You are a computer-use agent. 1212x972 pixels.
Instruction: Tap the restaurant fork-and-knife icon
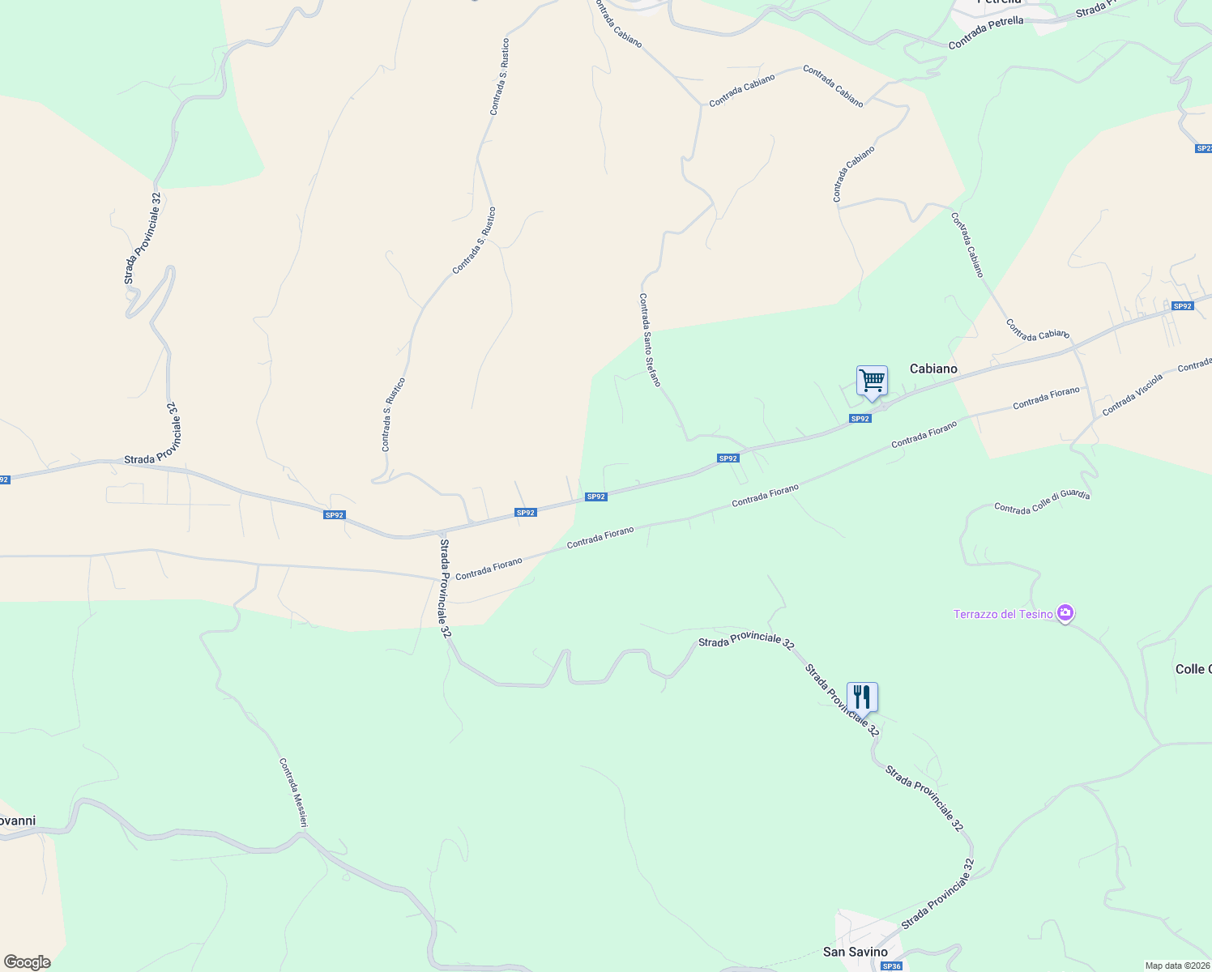click(x=862, y=697)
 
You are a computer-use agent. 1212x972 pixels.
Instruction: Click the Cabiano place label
click(x=933, y=369)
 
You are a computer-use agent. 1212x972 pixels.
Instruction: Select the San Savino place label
click(x=855, y=952)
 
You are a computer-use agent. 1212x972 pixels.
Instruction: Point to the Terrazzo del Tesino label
click(x=1003, y=614)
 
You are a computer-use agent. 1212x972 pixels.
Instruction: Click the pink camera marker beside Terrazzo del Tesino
click(x=1066, y=613)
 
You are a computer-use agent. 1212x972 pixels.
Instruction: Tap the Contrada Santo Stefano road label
click(x=650, y=340)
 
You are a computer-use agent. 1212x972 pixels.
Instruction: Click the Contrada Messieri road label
click(x=293, y=793)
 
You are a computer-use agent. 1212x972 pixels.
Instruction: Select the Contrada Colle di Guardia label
click(x=1042, y=501)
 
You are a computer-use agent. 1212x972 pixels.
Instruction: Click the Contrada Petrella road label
click(x=986, y=32)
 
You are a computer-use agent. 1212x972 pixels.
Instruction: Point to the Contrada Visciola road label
click(x=1133, y=394)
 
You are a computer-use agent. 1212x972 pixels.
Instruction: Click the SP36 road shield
click(x=891, y=966)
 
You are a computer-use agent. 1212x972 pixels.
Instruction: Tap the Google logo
click(x=27, y=962)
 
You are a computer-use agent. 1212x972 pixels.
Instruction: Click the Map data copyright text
click(x=1177, y=966)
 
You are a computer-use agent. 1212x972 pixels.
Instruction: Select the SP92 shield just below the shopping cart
click(x=860, y=419)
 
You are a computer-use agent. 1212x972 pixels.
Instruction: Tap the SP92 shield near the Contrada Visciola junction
click(x=1183, y=306)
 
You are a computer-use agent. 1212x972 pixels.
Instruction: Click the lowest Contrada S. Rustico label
click(x=394, y=415)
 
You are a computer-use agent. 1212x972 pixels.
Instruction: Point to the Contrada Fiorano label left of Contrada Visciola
click(x=1046, y=397)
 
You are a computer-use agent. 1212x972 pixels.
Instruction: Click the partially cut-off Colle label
click(x=1193, y=669)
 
